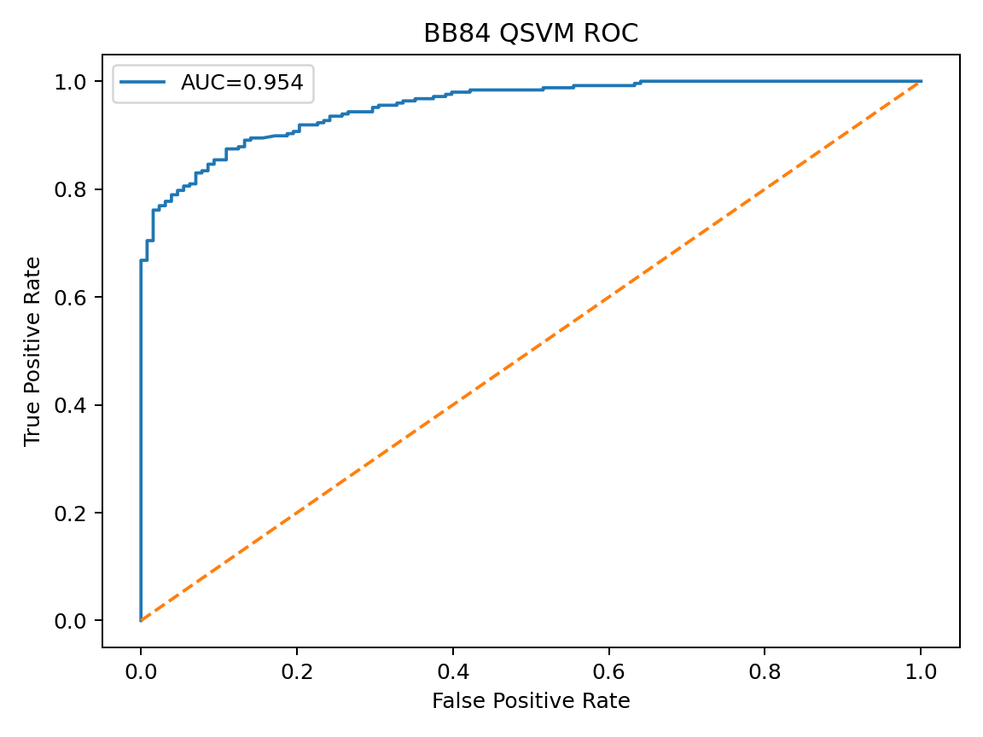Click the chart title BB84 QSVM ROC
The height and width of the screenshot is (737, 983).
point(531,33)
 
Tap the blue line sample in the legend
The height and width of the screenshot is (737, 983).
point(143,83)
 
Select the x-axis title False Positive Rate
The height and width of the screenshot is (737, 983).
point(531,701)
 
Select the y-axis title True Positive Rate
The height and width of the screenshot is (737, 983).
point(32,351)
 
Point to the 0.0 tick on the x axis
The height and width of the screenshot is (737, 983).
point(141,670)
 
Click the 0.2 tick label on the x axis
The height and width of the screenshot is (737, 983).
point(297,670)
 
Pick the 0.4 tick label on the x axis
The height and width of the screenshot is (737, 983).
point(453,670)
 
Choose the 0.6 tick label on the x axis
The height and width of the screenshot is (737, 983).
point(609,670)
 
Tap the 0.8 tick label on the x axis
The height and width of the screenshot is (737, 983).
point(765,670)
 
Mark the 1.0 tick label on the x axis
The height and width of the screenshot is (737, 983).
point(921,670)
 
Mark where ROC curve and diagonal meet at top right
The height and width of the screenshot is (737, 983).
point(921,81)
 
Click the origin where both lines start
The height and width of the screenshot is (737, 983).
point(141,620)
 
